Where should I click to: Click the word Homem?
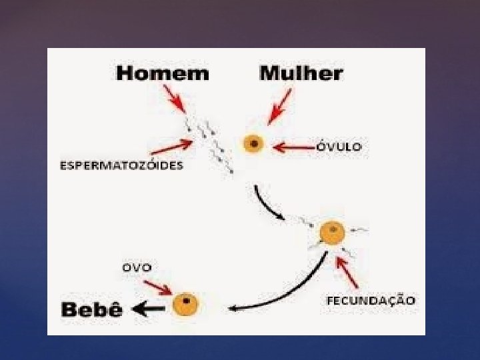162,73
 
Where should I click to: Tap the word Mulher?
301,73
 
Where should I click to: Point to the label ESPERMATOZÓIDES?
121,166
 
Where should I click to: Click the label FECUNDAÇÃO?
371,301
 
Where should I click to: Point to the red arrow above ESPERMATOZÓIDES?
172,147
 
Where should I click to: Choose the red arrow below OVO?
158,288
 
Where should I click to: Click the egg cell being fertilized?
331,233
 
